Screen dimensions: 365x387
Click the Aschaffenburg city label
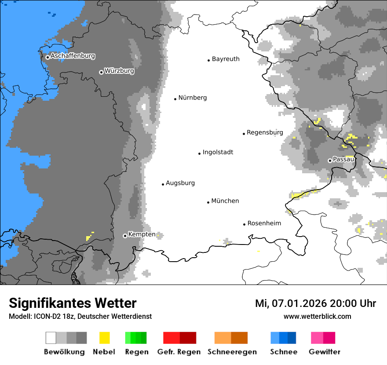point(73,56)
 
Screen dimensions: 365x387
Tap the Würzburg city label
point(119,71)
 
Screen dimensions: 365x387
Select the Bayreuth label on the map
point(226,59)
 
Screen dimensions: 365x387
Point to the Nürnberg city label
point(192,98)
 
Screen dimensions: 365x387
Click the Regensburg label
point(265,132)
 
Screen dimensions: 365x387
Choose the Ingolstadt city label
point(218,152)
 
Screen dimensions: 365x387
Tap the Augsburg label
point(180,183)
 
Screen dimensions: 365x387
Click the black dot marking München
point(208,202)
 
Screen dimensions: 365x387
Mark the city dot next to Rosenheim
point(244,224)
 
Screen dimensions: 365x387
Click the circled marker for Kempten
point(125,236)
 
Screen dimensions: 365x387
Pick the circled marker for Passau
point(330,161)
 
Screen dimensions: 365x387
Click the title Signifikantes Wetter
point(73,303)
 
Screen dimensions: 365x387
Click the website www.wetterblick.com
point(317,316)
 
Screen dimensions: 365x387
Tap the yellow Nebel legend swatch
point(104,338)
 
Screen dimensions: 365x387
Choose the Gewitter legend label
point(324,352)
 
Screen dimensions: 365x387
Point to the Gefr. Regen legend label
point(179,352)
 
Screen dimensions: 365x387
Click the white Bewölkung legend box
point(51,338)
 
